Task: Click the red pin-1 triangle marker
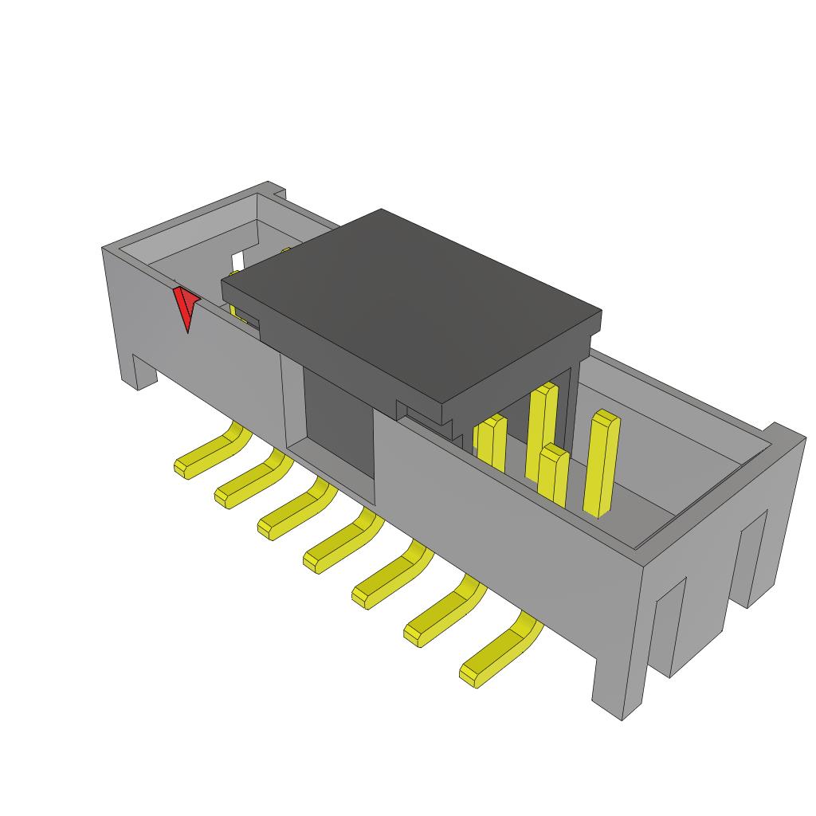click(x=186, y=309)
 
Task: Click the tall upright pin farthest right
click(x=602, y=462)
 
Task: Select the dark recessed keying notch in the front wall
click(x=335, y=422)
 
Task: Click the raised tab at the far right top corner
click(x=784, y=435)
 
